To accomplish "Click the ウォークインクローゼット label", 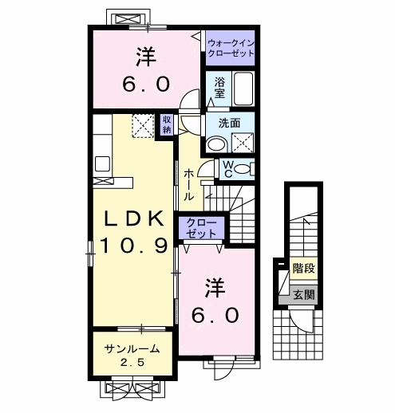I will (x=230, y=46).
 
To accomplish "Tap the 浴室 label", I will (x=218, y=87).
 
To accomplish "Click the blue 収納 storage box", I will (x=167, y=124).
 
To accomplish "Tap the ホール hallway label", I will (x=189, y=184).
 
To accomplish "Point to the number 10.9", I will (x=132, y=246).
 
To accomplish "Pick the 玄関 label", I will (x=303, y=294).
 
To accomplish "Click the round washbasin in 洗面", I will (x=215, y=144).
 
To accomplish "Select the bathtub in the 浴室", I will (x=243, y=88).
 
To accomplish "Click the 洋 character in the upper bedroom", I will (x=144, y=57).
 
